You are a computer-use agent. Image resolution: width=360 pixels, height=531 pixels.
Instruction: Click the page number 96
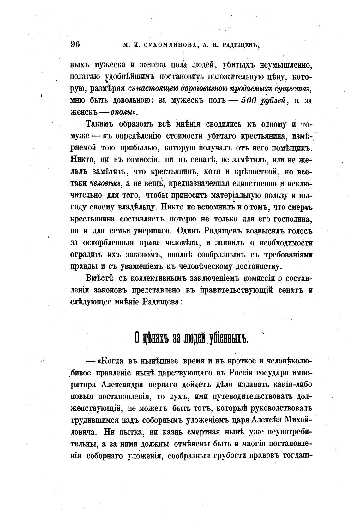tap(75, 44)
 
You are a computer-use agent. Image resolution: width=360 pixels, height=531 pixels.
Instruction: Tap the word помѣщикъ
tap(292, 148)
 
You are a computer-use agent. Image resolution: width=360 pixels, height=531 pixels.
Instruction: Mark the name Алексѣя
tap(267, 420)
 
